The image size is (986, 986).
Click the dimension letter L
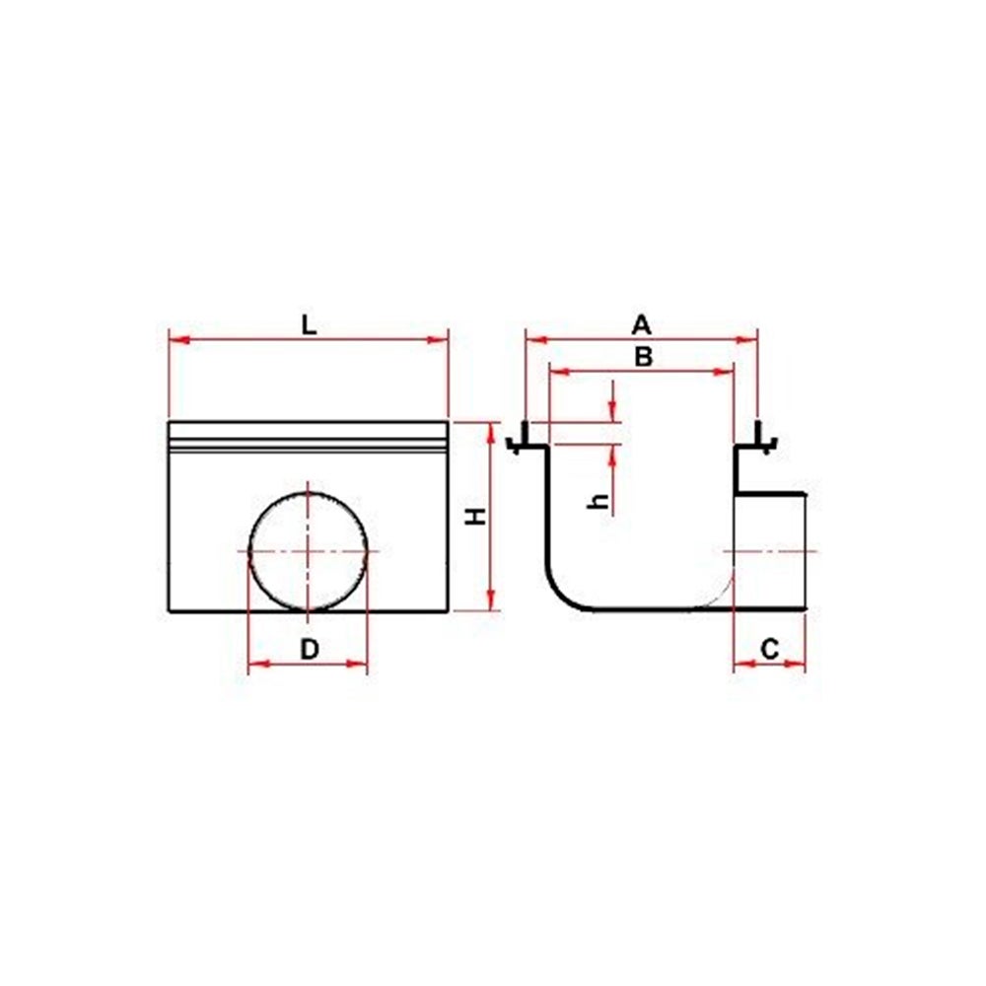(309, 325)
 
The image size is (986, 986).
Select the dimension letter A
(641, 325)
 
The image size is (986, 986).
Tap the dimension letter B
(643, 357)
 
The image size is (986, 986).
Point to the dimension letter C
(770, 649)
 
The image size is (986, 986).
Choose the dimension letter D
(310, 649)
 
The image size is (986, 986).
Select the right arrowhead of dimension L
(438, 340)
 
